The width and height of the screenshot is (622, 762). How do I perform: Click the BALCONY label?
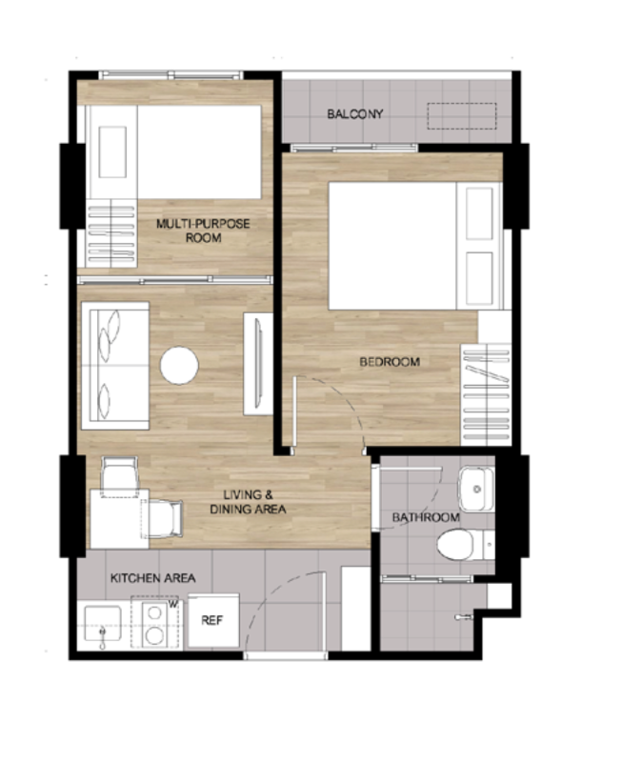pyautogui.click(x=354, y=114)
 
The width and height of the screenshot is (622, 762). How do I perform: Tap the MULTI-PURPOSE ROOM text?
pyautogui.click(x=203, y=231)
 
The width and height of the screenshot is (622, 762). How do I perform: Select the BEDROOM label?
pyautogui.click(x=390, y=362)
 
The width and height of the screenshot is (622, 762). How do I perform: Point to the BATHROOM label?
pyautogui.click(x=426, y=517)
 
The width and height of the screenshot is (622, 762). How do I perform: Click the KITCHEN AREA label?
pyautogui.click(x=153, y=578)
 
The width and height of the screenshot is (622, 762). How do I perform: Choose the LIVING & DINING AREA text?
pyautogui.click(x=248, y=502)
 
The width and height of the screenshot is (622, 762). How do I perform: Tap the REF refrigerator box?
pyautogui.click(x=213, y=620)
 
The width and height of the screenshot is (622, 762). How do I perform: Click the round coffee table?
pyautogui.click(x=179, y=365)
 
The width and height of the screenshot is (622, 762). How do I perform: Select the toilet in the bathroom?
pyautogui.click(x=465, y=544)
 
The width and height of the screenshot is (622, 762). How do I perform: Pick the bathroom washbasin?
pyautogui.click(x=476, y=489)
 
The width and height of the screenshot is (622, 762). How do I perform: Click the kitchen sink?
pyautogui.click(x=103, y=624)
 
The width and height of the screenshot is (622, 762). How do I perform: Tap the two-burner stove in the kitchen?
pyautogui.click(x=155, y=624)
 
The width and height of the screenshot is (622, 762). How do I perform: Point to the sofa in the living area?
pyautogui.click(x=115, y=366)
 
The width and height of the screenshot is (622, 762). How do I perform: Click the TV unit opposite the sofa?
pyautogui.click(x=258, y=364)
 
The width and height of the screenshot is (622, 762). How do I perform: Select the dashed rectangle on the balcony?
pyautogui.click(x=462, y=115)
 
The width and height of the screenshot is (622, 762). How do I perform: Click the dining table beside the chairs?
pyautogui.click(x=119, y=519)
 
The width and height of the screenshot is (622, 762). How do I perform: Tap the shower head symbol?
pyautogui.click(x=463, y=617)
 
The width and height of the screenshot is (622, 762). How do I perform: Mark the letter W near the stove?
pyautogui.click(x=173, y=604)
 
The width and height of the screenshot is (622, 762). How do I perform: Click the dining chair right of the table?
pyautogui.click(x=163, y=519)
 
